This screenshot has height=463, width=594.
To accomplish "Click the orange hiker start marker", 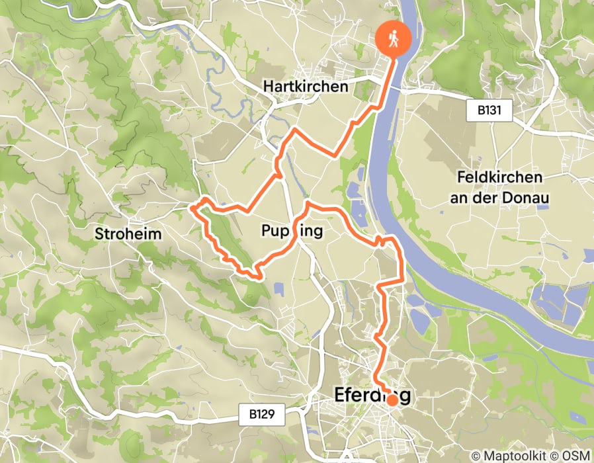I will [394, 40].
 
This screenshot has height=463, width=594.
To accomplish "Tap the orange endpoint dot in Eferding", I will [392, 400].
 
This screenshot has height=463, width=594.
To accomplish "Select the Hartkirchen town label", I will [305, 87].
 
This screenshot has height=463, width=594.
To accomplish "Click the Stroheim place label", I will [128, 233].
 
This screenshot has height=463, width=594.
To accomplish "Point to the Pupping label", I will [292, 231].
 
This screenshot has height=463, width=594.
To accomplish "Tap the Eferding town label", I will [372, 396].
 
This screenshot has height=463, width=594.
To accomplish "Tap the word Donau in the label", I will [532, 197].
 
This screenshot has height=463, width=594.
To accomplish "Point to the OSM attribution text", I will [575, 456].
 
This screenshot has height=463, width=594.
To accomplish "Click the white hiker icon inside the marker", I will [394, 39].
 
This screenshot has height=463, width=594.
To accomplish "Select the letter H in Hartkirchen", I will [267, 87].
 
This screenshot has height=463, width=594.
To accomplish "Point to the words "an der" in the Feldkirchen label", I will [483, 197].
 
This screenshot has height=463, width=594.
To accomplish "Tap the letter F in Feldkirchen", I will [461, 178].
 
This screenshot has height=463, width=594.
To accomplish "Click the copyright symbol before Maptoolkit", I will [475, 456].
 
